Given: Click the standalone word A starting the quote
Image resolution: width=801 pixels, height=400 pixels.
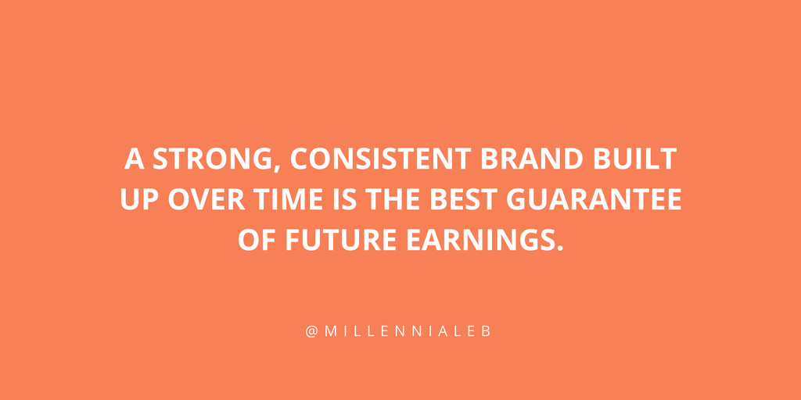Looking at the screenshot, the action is point(134,159).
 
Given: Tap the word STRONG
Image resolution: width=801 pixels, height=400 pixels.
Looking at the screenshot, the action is point(211,159).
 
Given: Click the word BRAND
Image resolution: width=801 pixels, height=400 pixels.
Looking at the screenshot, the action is point(532,159).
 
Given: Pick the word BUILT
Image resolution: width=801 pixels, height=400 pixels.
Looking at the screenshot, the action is point(635,159).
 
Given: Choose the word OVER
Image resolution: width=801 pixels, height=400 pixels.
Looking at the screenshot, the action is point(207,199).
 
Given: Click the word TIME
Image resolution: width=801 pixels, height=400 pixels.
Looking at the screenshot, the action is point(289,199).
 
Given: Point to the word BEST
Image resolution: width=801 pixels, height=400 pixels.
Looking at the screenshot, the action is point(463,199).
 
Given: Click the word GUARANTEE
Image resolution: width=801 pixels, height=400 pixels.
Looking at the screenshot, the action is point(594,199).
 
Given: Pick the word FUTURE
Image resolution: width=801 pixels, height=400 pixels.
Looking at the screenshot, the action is point(341,240).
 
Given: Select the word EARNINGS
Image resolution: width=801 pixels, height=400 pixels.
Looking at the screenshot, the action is point(479,240).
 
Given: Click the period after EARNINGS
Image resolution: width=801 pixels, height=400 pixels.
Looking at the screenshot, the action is point(559,248).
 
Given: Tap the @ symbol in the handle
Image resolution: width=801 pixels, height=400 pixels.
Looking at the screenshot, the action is point(312,331).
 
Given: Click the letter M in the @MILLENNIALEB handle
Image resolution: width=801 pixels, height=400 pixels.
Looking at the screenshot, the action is point(331,331).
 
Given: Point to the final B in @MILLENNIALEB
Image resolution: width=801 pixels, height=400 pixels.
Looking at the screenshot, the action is point(486,331).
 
